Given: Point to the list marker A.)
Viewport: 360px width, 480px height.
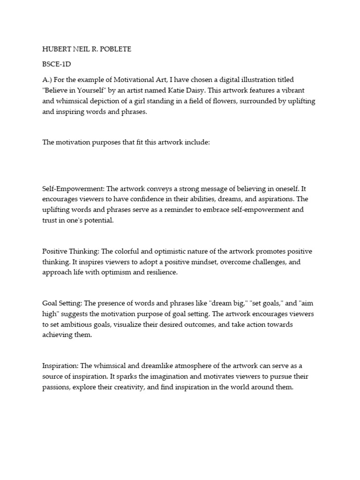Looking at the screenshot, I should (48, 80).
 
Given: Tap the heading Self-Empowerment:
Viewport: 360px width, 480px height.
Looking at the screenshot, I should (73, 188).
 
